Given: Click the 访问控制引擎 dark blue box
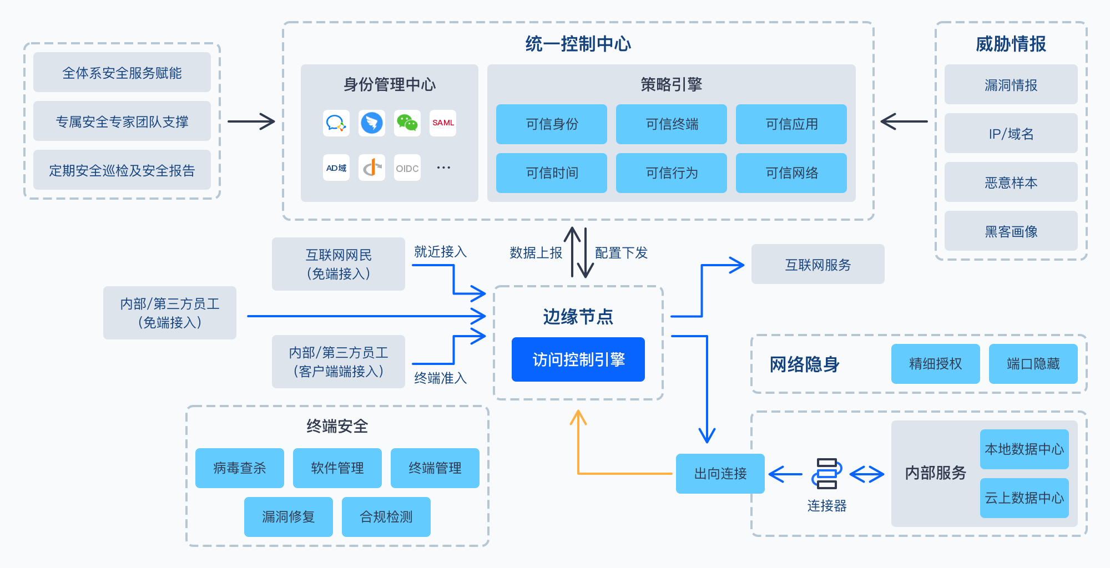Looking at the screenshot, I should [578, 359].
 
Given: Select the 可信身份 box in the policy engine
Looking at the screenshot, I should [551, 124].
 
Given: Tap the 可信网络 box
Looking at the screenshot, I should [791, 173].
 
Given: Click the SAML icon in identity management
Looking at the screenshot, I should [443, 123].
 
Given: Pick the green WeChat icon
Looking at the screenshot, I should [407, 123].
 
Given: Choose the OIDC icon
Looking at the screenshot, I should [407, 168].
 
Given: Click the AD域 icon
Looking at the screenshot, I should [336, 168].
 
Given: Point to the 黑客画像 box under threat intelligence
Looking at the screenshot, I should [1011, 231].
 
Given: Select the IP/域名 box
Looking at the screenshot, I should [1011, 133].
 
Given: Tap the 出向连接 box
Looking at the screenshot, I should [720, 473].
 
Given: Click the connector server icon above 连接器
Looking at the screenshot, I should [826, 473].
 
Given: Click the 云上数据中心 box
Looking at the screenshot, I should [1024, 498].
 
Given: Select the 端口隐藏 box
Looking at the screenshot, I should [1033, 364].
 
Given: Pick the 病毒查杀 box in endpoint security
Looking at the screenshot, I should [239, 468].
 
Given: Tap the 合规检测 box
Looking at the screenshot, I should [386, 517].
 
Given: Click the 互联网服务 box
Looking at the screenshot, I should [818, 264].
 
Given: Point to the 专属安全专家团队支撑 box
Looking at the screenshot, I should [122, 121].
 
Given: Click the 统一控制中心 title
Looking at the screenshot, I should [578, 44].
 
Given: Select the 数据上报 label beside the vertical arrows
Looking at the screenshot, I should [536, 253].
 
